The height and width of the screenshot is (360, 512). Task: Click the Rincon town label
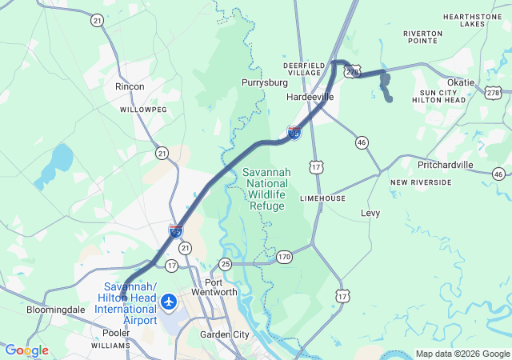point(130,86)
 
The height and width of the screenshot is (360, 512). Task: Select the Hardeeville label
point(310,97)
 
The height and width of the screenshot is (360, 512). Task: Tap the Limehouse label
point(322,198)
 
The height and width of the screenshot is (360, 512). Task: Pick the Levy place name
point(370,213)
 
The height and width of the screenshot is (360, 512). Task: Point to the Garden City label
point(225,334)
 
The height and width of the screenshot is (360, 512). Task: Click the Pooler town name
point(116,332)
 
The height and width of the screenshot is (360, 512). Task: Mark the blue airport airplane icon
point(169,302)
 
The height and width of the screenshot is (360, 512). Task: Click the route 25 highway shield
point(226,263)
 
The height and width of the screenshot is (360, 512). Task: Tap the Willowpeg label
point(143,109)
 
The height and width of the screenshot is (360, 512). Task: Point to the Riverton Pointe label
point(423,38)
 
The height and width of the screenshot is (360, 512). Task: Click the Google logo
point(26,350)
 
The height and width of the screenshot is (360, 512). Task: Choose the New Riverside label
point(421,182)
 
